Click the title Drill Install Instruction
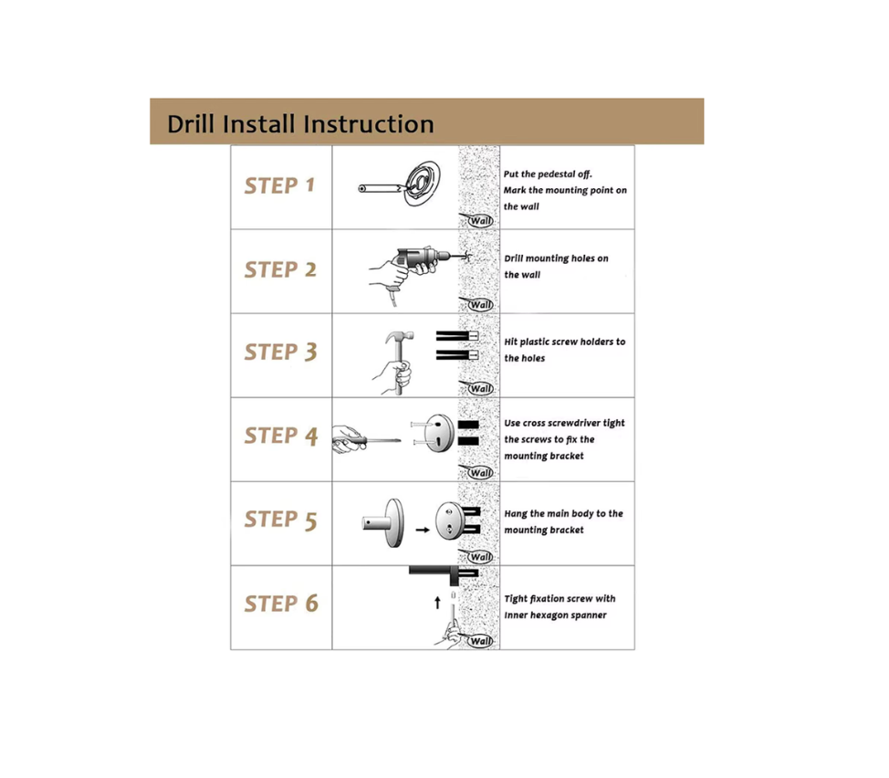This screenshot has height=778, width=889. pyautogui.click(x=300, y=123)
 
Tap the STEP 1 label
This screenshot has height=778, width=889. pyautogui.click(x=279, y=185)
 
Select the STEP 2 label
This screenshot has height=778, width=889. pyautogui.click(x=280, y=269)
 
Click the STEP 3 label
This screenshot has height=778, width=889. pyautogui.click(x=280, y=352)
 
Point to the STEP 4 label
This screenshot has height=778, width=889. pyautogui.click(x=280, y=436)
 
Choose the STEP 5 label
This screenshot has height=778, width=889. pyautogui.click(x=280, y=520)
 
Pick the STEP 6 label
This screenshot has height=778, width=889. pyautogui.click(x=281, y=604)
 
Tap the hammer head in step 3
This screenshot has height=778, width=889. pyautogui.click(x=399, y=337)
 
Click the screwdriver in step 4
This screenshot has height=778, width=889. pyautogui.click(x=367, y=440)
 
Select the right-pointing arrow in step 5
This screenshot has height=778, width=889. pyautogui.click(x=423, y=531)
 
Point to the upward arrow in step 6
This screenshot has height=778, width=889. pyautogui.click(x=437, y=602)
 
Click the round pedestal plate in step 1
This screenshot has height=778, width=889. pyautogui.click(x=423, y=184)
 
